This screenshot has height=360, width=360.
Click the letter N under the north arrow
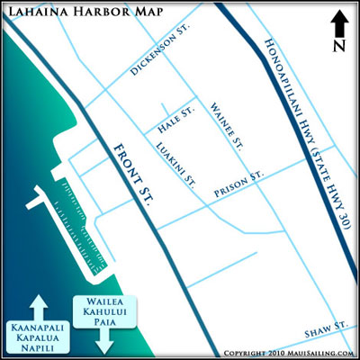[337, 44]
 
